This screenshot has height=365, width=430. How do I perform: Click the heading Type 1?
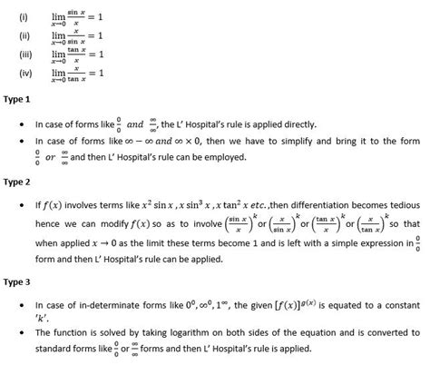(18, 99)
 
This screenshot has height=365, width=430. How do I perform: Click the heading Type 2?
(18, 182)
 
